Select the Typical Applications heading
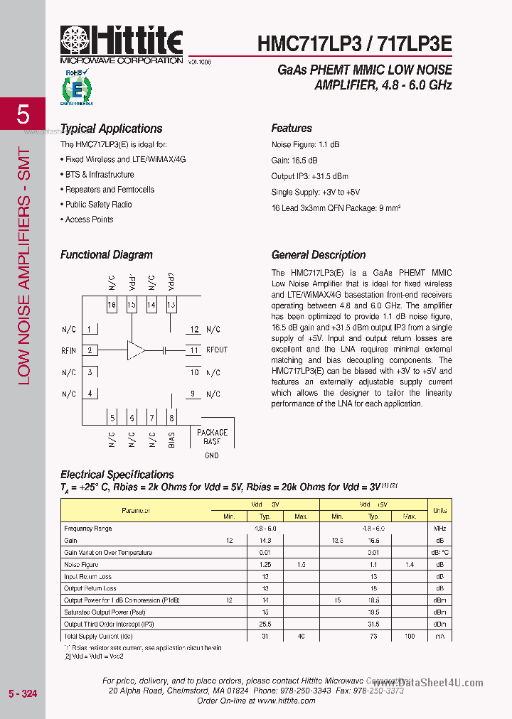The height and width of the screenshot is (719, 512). (x=111, y=129)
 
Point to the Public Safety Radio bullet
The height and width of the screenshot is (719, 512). (x=98, y=205)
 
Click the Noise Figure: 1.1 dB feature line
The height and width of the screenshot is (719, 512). (x=306, y=145)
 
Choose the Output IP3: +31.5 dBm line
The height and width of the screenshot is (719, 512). (x=310, y=176)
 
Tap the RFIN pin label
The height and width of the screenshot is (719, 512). (x=69, y=350)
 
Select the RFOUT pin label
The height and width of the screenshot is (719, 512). (x=217, y=350)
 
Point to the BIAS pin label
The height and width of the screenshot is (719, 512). (x=171, y=440)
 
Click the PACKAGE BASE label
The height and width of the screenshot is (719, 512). (x=212, y=437)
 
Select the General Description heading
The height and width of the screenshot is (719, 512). (x=319, y=255)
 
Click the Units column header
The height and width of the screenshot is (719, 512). (x=440, y=510)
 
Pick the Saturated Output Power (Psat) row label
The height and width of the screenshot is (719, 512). (x=105, y=612)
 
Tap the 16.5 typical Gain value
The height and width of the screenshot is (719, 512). (x=373, y=541)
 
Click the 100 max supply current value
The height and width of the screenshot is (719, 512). (x=409, y=637)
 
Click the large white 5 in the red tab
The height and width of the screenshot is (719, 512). (x=23, y=114)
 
